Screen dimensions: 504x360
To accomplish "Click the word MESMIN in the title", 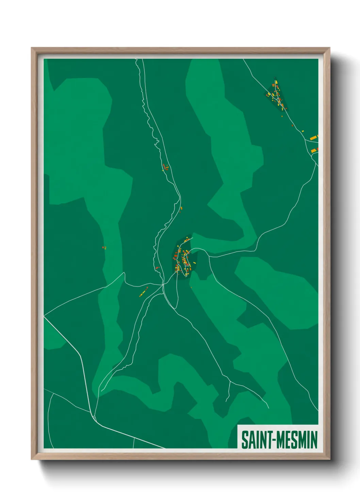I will [297, 440].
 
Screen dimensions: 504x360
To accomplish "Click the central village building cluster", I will [183, 259].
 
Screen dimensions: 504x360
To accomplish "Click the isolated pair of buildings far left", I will [104, 248].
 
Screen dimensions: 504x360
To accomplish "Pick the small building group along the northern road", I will [166, 167].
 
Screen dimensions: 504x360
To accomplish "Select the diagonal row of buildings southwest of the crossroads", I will [144, 292].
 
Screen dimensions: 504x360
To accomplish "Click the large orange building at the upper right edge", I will [314, 138].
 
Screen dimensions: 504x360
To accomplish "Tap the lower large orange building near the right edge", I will [314, 150].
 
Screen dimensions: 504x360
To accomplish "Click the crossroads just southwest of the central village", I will [163, 284].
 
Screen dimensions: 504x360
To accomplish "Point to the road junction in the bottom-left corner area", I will [93, 416].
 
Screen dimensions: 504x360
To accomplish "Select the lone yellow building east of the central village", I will [194, 263].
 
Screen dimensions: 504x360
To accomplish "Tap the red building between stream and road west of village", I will [157, 268].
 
